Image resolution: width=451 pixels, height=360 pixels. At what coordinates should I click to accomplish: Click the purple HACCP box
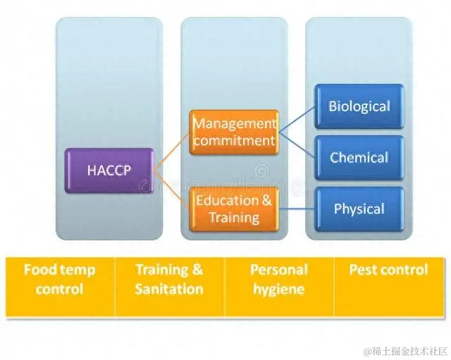pyautogui.click(x=109, y=170)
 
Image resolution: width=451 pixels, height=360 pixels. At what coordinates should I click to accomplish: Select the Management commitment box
pyautogui.click(x=234, y=132)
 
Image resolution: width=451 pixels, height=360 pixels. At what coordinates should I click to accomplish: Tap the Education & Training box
pyautogui.click(x=234, y=209)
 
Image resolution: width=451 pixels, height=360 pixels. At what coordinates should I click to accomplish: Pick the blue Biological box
pyautogui.click(x=359, y=106)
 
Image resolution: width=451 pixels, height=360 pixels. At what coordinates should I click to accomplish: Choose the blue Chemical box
pyautogui.click(x=359, y=158)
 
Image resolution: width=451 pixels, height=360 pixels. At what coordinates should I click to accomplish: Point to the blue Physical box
pyautogui.click(x=359, y=209)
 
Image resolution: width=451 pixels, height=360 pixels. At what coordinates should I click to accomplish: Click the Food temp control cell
pyautogui.click(x=60, y=287)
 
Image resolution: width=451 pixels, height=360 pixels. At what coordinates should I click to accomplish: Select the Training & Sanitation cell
pyautogui.click(x=169, y=287)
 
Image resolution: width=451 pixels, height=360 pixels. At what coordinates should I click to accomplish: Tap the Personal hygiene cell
pyautogui.click(x=279, y=287)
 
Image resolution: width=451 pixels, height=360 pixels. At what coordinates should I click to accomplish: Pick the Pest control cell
pyautogui.click(x=389, y=287)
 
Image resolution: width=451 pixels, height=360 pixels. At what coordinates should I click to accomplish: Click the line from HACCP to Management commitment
pyautogui.click(x=172, y=151)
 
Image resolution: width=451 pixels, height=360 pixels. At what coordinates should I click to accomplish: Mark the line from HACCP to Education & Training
pyautogui.click(x=172, y=190)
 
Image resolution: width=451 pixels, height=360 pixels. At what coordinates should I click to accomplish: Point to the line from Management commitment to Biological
pyautogui.click(x=297, y=119)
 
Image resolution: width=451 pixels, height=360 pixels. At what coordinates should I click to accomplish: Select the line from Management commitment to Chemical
pyautogui.click(x=297, y=145)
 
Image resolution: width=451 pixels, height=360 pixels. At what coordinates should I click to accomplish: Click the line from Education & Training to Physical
pyautogui.click(x=297, y=209)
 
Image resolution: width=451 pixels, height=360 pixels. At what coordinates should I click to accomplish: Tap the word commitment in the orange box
pyautogui.click(x=235, y=141)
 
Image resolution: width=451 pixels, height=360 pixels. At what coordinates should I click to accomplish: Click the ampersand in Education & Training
pyautogui.click(x=266, y=200)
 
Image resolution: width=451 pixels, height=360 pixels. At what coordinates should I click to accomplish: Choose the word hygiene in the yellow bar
pyautogui.click(x=279, y=290)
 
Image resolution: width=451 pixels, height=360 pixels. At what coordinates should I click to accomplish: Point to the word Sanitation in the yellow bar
pyautogui.click(x=169, y=289)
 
